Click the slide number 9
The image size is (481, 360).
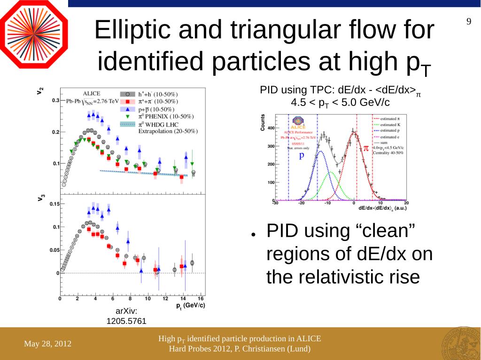click(468, 22)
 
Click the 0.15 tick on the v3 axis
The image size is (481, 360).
click(54, 204)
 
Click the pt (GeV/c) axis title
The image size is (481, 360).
click(190, 305)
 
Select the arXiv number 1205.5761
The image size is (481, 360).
click(126, 322)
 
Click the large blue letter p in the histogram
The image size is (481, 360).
click(302, 155)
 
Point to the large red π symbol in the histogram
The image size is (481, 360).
click(366, 148)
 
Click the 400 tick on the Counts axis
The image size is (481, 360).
click(271, 128)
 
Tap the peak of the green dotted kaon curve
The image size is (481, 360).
click(331, 172)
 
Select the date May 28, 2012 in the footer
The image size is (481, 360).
click(48, 344)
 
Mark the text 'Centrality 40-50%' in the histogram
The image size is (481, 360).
click(388, 153)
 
